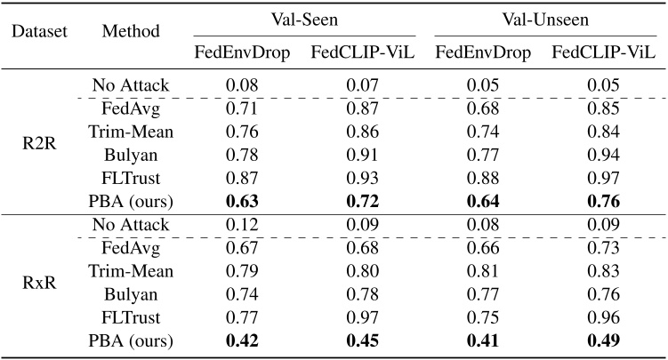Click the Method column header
click(x=131, y=32)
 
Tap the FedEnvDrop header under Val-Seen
click(x=242, y=52)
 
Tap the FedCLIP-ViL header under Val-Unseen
click(x=603, y=52)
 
